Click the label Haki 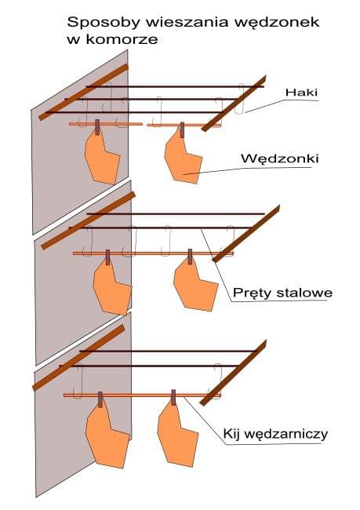pos(301,93)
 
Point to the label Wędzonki pos(280,158)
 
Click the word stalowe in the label pos(304,293)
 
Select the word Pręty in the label pos(253,293)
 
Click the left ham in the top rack pos(102,158)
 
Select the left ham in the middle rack pos(111,287)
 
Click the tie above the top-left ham pos(97,127)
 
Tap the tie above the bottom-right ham pos(173,397)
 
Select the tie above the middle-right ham pos(190,256)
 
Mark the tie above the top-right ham pos(182,129)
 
